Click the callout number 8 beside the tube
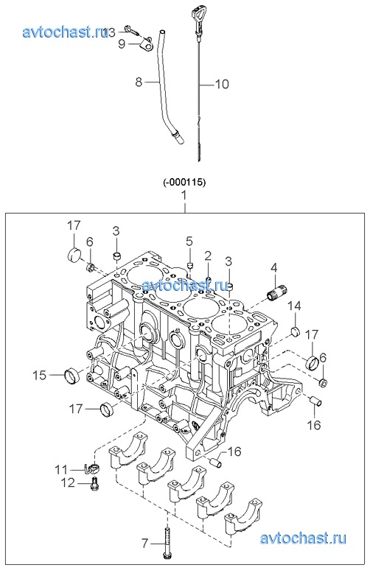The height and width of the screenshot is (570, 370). (x=139, y=82)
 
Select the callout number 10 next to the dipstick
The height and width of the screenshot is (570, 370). (x=222, y=85)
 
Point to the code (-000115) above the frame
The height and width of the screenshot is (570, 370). (x=184, y=183)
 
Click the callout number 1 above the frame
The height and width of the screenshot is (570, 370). (x=184, y=196)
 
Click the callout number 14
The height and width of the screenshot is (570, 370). (x=295, y=306)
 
